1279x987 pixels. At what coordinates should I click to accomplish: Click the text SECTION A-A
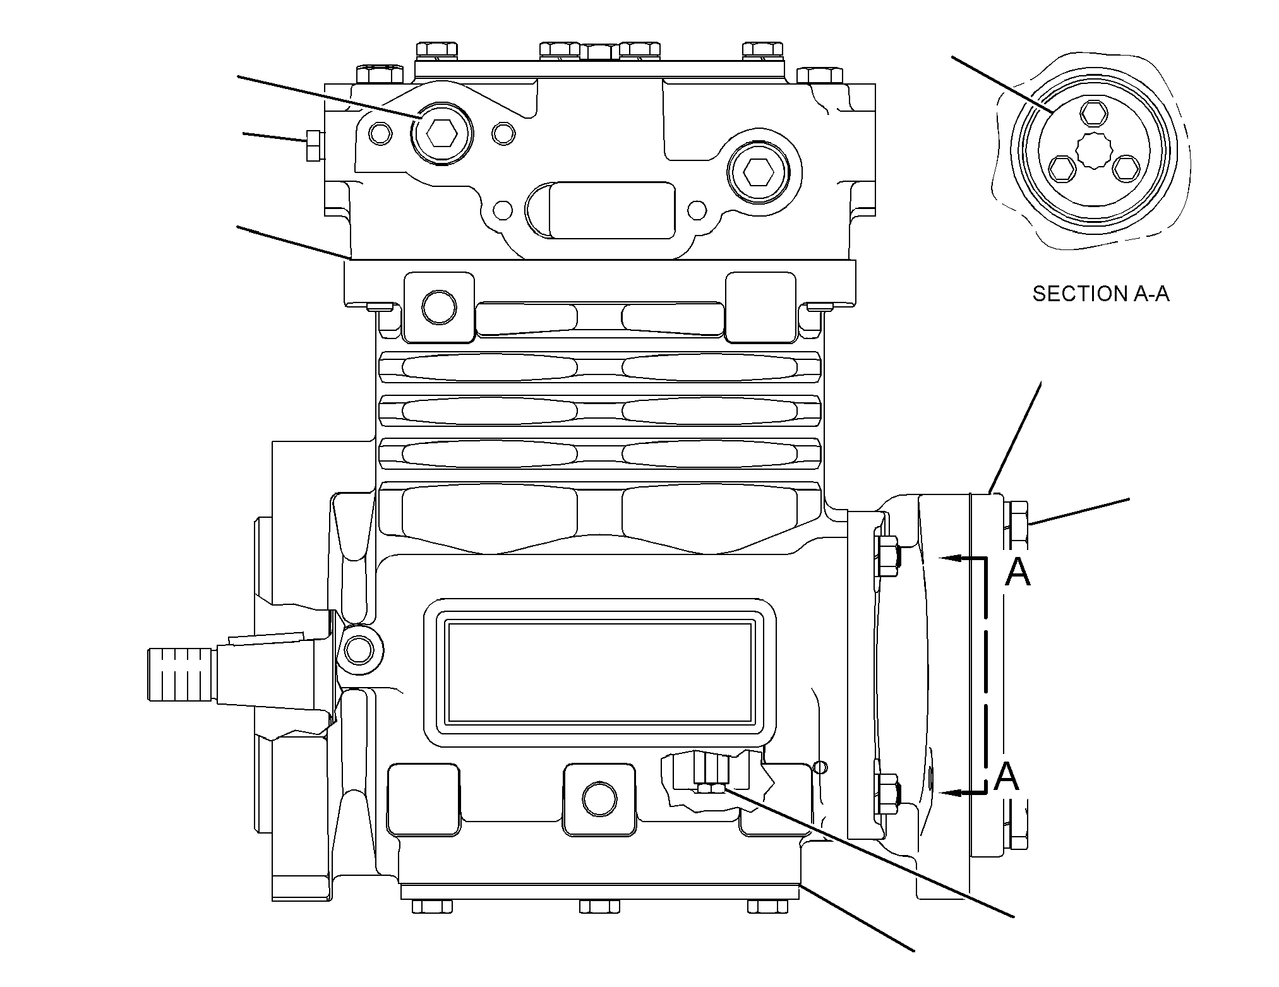[x=1101, y=294]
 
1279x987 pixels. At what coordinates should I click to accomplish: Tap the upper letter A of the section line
[x=1018, y=573]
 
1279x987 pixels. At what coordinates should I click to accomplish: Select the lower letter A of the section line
[x=1006, y=776]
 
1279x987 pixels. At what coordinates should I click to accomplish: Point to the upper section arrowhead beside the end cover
[x=951, y=558]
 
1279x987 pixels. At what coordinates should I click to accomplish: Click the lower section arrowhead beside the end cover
[x=951, y=792]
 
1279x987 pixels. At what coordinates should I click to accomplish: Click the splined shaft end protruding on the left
[x=180, y=673]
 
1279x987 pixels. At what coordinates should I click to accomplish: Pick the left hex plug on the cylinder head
[x=441, y=133]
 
